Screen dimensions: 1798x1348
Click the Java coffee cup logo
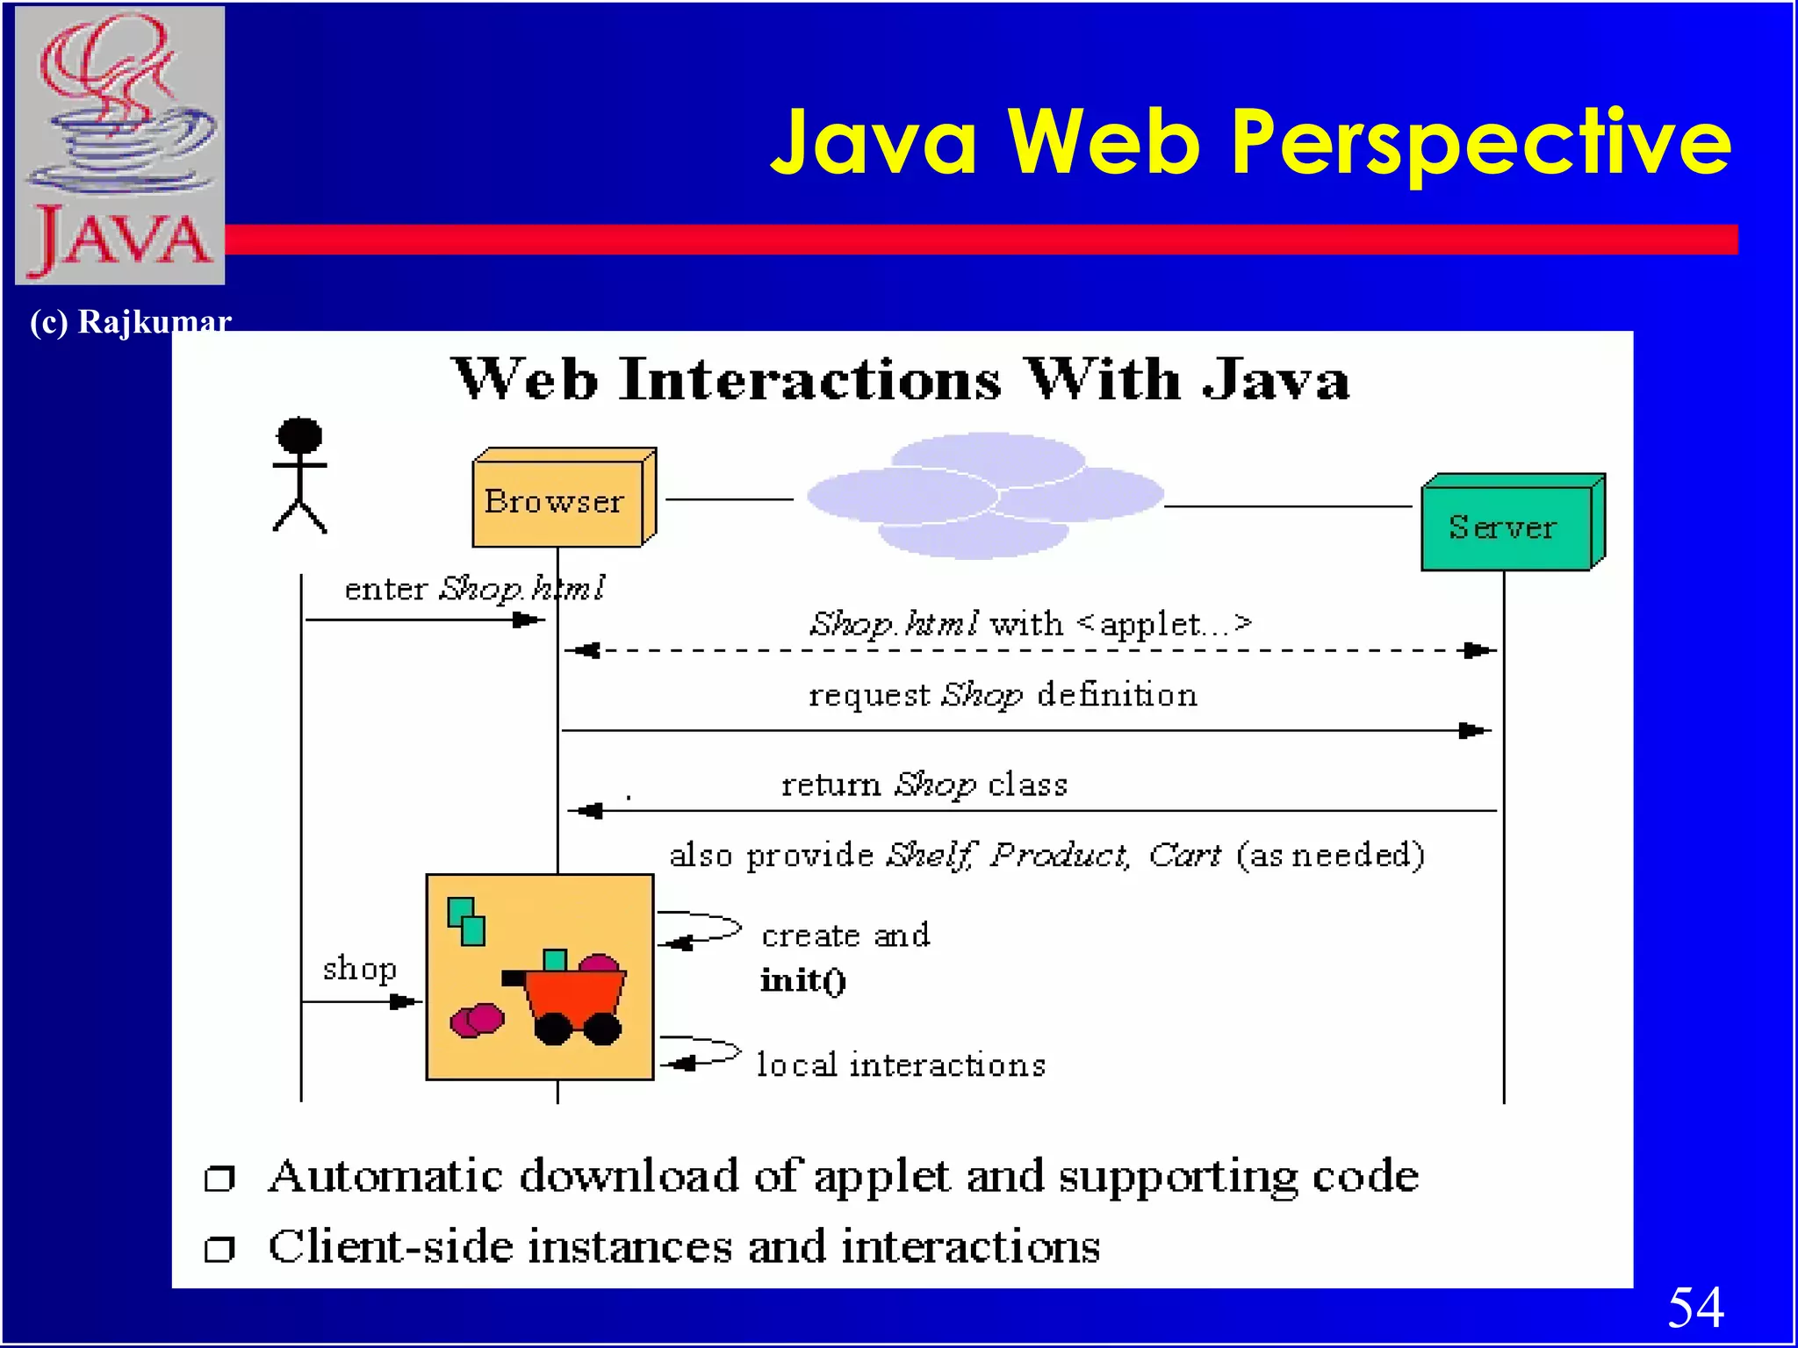(x=120, y=145)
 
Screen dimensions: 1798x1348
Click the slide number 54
(x=1694, y=1307)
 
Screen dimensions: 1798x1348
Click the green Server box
(x=1507, y=527)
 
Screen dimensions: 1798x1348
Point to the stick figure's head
(x=299, y=435)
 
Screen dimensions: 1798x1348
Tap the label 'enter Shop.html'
(x=474, y=588)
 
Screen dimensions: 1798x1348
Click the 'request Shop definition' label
(x=1002, y=695)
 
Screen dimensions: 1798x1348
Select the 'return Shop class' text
(x=924, y=784)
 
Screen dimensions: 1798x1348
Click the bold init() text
(x=802, y=980)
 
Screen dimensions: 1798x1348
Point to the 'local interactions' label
(x=901, y=1065)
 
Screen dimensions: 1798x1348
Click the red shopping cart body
(x=575, y=997)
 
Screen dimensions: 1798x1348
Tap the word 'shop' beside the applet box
(x=359, y=969)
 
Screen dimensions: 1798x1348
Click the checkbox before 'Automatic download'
(x=219, y=1178)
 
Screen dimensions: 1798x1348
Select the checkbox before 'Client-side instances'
(x=219, y=1248)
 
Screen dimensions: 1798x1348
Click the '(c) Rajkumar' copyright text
(x=130, y=322)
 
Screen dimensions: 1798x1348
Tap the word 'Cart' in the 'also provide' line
(x=1184, y=854)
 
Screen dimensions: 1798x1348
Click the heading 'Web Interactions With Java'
(x=900, y=380)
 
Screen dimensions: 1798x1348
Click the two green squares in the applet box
(x=466, y=921)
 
